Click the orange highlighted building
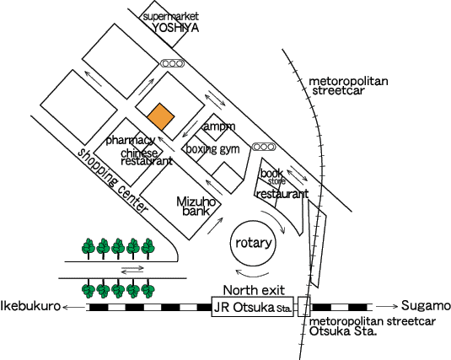click(161, 117)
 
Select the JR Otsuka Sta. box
click(253, 307)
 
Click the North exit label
click(254, 290)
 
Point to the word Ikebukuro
click(30, 305)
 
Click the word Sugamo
click(426, 305)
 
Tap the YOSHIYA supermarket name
click(175, 28)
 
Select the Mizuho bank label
click(196, 207)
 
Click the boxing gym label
click(212, 149)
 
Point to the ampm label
click(219, 126)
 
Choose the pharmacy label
click(131, 140)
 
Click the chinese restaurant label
click(147, 157)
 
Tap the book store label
click(272, 176)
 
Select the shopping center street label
click(113, 180)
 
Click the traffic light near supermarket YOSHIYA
click(172, 63)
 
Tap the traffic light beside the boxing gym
click(264, 147)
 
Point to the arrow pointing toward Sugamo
click(387, 306)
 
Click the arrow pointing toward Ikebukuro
click(74, 308)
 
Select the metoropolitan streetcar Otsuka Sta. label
click(373, 326)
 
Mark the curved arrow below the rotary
click(252, 275)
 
